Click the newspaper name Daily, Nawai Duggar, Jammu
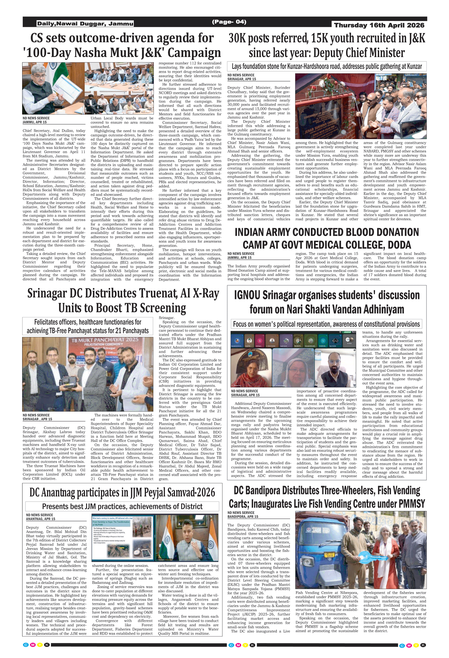coord(85,23)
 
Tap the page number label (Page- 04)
coord(229,22)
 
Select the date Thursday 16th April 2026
coord(379,25)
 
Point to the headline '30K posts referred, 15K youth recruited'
coord(327,38)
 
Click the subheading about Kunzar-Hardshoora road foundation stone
coord(327,67)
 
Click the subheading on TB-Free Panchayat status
coord(87,326)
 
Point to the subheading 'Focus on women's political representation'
coord(326,324)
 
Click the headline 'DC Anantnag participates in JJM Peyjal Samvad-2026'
coord(122,492)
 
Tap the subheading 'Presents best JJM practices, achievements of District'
coord(122,506)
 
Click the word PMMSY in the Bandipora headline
coord(411,503)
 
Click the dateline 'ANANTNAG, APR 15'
coord(40,519)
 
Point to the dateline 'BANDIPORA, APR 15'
coord(243,517)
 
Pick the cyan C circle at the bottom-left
coord(26,645)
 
